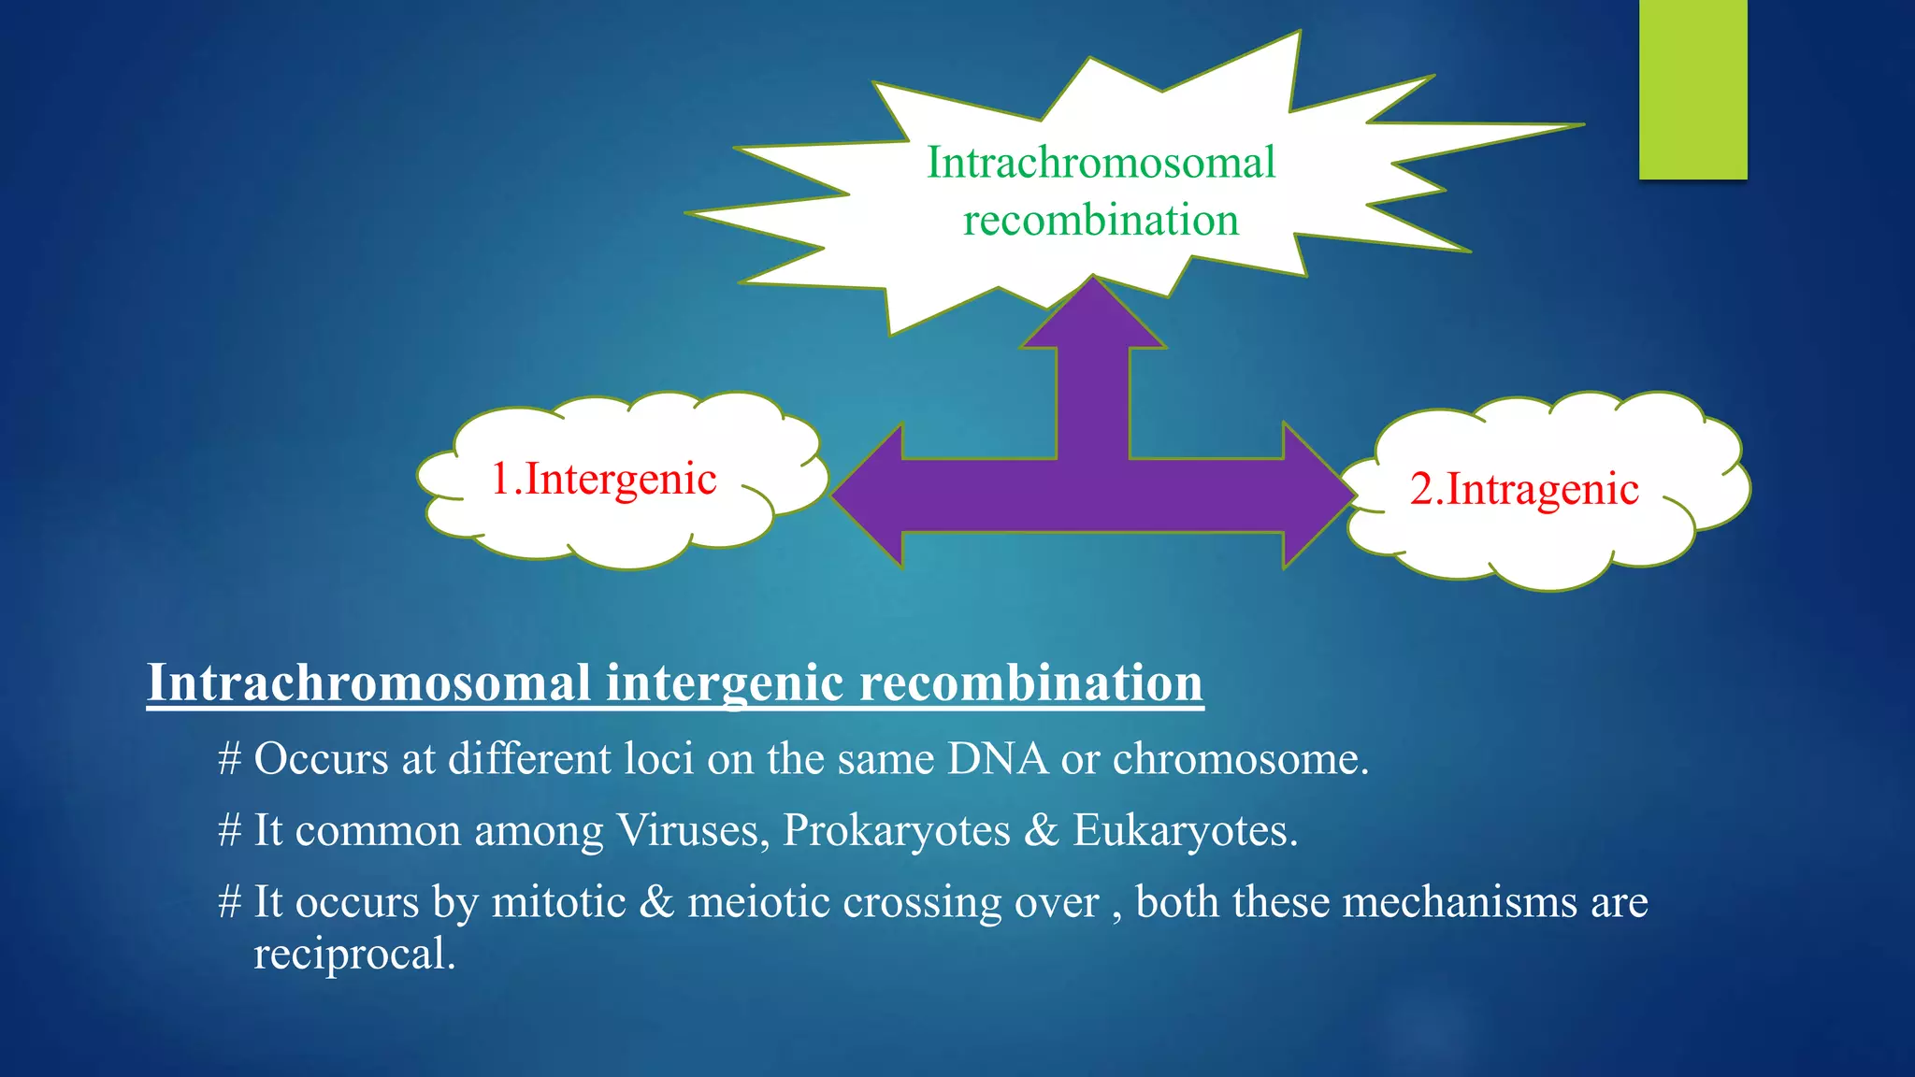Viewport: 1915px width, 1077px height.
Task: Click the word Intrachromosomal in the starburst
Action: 1101,163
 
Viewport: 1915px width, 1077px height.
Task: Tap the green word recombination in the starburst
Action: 1101,221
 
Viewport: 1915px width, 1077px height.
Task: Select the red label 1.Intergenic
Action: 603,479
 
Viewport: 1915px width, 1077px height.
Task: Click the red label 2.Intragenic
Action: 1524,489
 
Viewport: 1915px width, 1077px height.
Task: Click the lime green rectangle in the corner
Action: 1692,89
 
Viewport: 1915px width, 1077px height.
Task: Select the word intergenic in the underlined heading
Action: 725,682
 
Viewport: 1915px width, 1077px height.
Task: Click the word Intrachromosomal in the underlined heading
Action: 369,682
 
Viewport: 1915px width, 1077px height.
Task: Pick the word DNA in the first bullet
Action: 997,758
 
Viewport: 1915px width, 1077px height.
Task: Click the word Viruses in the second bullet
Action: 692,830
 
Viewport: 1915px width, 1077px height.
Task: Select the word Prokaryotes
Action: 896,830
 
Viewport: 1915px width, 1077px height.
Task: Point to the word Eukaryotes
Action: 1184,830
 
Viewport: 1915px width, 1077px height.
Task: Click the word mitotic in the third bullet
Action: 558,902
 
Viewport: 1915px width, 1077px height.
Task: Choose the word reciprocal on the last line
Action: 353,955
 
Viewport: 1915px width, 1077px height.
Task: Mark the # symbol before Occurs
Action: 230,758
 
